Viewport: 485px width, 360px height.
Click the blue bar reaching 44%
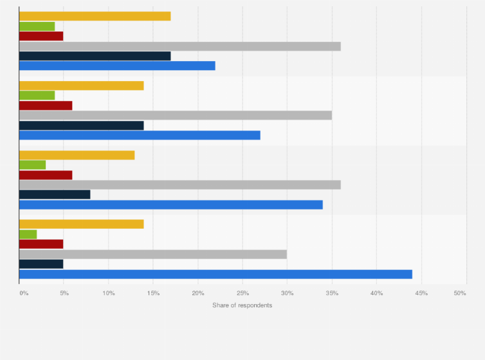215,274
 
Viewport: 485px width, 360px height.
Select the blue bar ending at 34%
170,204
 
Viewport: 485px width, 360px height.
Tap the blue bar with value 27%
140,135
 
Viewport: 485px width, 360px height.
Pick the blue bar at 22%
117,66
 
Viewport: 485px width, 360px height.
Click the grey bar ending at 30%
152,254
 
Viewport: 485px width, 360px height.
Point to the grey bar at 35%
175,115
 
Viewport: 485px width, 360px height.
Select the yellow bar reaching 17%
95,16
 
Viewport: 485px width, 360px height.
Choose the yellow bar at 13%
77,155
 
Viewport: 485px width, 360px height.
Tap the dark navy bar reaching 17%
95,56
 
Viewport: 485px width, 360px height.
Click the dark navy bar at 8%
55,194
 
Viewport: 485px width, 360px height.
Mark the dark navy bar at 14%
81,125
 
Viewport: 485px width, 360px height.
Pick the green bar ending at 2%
28,234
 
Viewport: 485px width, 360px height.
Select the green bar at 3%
32,165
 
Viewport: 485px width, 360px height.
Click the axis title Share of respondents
242,305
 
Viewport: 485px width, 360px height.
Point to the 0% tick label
24,293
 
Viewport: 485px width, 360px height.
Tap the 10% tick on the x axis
109,293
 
